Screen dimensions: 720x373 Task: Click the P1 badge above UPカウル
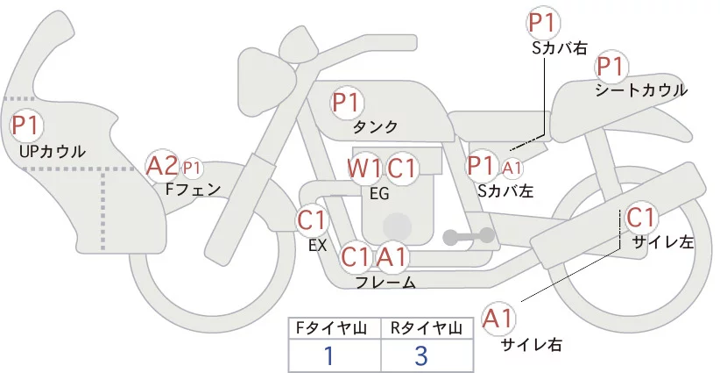pyautogui.click(x=26, y=126)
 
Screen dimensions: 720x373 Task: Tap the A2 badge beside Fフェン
pyautogui.click(x=162, y=165)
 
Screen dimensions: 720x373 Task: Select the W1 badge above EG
pyautogui.click(x=364, y=168)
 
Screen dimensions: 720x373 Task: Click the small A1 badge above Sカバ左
pyautogui.click(x=512, y=167)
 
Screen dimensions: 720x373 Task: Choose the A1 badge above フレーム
pyautogui.click(x=392, y=257)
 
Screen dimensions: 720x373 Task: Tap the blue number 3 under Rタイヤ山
pyautogui.click(x=421, y=356)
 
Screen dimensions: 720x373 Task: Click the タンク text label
pyautogui.click(x=375, y=126)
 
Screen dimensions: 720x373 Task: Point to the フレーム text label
pyautogui.click(x=385, y=283)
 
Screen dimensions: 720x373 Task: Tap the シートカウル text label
pyautogui.click(x=640, y=90)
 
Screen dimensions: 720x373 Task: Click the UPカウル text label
pyautogui.click(x=52, y=152)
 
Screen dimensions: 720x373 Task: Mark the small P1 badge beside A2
pyautogui.click(x=192, y=167)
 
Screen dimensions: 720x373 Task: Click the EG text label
pyautogui.click(x=379, y=192)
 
